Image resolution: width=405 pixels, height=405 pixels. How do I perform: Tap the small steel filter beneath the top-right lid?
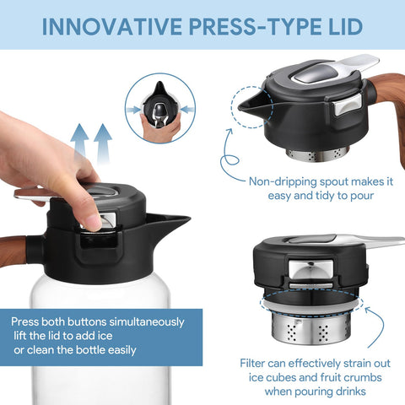click(x=316, y=154)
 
